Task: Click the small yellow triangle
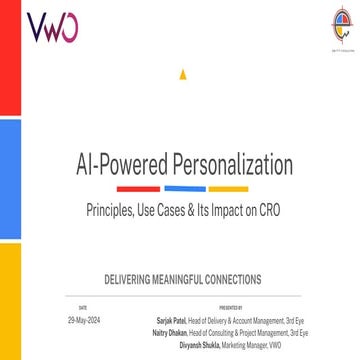(x=180, y=74)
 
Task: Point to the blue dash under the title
(x=185, y=188)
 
